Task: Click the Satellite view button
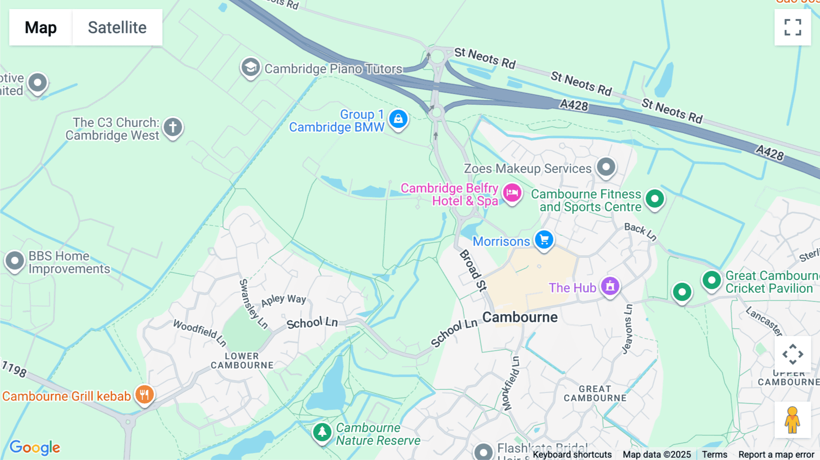tap(117, 27)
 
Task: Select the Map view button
tap(41, 27)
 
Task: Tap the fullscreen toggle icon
tap(793, 27)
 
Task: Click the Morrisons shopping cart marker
tap(544, 240)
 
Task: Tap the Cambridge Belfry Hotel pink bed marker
tap(512, 193)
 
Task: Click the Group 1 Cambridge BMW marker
tap(398, 119)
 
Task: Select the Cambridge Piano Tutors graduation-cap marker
tap(250, 68)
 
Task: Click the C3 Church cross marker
tap(173, 127)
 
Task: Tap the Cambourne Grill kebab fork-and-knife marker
tap(144, 394)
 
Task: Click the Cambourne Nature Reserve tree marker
tap(322, 431)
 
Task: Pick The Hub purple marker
tap(610, 286)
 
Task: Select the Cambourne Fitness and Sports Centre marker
tap(655, 199)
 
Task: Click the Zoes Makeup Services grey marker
tap(606, 167)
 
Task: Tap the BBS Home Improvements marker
tap(15, 261)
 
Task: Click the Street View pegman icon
tap(792, 420)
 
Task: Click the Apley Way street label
tap(283, 300)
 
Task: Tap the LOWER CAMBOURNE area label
tap(242, 361)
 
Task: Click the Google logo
tap(35, 447)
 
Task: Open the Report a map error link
tap(776, 455)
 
